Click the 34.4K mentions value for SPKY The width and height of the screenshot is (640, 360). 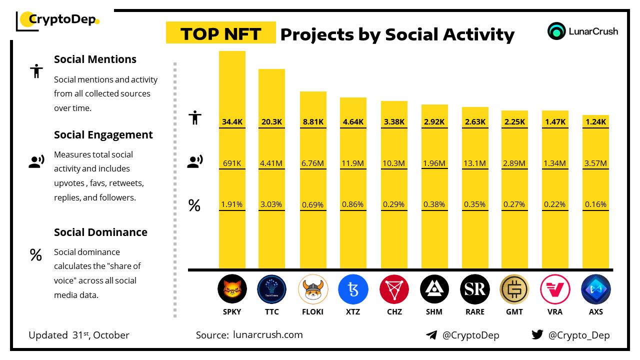(232, 121)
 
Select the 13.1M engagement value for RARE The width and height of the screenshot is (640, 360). (475, 163)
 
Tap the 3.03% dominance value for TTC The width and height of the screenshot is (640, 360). (271, 204)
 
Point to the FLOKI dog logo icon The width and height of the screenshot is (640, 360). (313, 289)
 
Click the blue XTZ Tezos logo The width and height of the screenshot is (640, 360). (353, 289)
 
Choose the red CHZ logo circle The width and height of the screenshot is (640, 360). (394, 289)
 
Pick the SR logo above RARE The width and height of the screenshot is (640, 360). (475, 289)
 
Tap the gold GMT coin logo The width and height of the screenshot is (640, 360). (514, 289)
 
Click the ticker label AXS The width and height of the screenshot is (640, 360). (595, 311)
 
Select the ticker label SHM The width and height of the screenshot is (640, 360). (434, 311)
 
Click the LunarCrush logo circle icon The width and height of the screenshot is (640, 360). (556, 31)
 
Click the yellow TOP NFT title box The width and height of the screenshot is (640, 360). (220, 33)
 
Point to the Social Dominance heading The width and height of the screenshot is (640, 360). (100, 232)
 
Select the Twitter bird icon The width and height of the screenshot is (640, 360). (537, 335)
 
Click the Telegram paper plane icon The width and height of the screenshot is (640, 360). (431, 335)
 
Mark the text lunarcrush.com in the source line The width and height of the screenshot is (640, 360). (268, 335)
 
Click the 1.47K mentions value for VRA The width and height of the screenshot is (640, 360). (555, 121)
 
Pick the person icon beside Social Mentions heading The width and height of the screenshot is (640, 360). (36, 71)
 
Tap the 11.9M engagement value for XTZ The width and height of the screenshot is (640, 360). (353, 163)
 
